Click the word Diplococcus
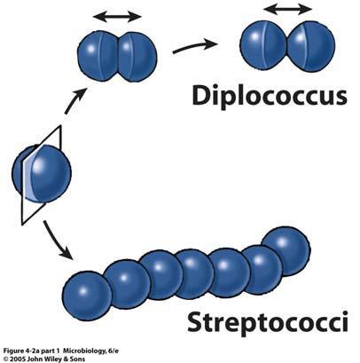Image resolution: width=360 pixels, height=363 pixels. click(270, 96)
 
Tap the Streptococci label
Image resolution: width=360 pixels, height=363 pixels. click(268, 323)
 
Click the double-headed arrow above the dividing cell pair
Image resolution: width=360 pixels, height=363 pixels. click(117, 17)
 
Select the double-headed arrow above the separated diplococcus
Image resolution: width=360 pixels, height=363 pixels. click(287, 9)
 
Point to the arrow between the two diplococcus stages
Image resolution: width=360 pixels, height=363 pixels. click(195, 47)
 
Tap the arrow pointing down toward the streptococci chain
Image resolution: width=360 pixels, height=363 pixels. click(57, 240)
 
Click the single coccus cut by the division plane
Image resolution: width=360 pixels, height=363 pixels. click(42, 173)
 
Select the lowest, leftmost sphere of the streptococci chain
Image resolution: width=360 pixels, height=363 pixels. click(87, 296)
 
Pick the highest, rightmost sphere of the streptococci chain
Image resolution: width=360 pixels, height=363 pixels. click(286, 251)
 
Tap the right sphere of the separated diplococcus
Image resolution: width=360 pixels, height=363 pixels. click(311, 46)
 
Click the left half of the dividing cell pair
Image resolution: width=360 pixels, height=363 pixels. click(98, 57)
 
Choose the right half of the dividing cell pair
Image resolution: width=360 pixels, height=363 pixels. click(137, 57)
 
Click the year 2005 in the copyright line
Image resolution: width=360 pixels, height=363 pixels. click(16, 359)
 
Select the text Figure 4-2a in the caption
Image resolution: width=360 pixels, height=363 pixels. click(20, 351)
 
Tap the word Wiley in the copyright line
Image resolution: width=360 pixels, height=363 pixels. click(58, 359)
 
